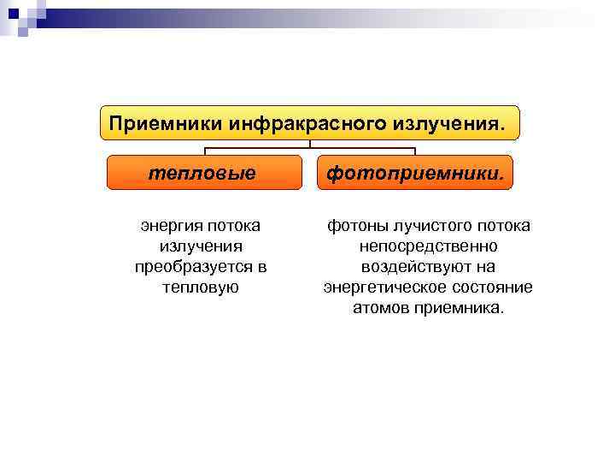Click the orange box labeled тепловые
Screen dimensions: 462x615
[203, 173]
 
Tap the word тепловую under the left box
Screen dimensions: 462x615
[200, 287]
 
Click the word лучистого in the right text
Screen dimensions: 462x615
[431, 226]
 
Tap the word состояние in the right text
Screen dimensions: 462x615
[495, 287]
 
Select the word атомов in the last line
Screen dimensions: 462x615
[381, 308]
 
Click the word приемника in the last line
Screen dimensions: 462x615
[460, 308]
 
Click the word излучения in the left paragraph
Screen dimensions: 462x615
[200, 246]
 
